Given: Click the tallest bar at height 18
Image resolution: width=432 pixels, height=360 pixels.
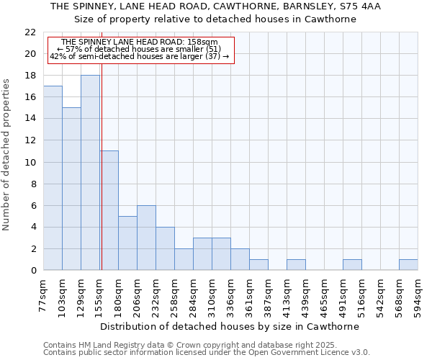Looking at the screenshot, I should (90, 173).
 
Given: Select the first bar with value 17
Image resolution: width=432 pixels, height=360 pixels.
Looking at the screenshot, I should (53, 178).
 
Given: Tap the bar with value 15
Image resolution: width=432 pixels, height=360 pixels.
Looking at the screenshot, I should (71, 189).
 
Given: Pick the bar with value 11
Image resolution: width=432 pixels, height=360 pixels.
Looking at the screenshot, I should (109, 210).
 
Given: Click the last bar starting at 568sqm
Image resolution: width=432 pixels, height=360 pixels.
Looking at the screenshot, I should (408, 265).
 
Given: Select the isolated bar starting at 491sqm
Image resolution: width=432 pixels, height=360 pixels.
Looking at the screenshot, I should (352, 265).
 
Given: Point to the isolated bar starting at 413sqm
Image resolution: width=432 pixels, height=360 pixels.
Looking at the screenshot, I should (296, 265).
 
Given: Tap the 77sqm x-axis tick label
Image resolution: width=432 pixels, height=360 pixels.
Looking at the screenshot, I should (44, 296).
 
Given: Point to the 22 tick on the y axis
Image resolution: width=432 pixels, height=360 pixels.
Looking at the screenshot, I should (30, 32).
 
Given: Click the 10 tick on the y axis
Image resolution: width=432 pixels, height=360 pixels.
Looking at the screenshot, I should (30, 163).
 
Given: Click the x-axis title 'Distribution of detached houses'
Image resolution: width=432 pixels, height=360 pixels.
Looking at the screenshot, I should (230, 326).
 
